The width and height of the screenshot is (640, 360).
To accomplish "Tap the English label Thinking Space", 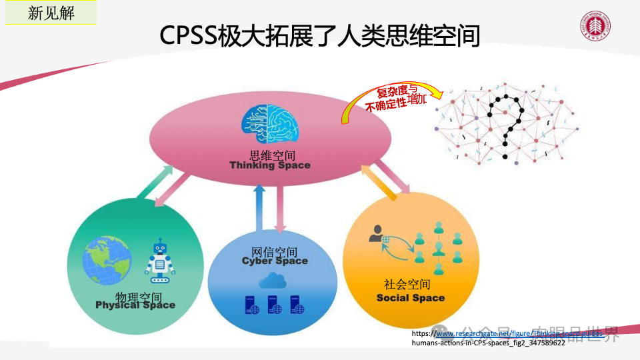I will pos(270,165).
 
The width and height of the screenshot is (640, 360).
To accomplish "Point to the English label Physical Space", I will pos(135,305).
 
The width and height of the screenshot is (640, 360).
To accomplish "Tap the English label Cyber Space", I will pos(275,261).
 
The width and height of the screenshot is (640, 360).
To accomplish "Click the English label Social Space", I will pos(410,298).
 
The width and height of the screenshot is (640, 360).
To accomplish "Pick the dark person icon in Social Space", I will pos(377,234).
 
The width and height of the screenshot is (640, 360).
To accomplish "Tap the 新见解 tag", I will pos(51,13).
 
